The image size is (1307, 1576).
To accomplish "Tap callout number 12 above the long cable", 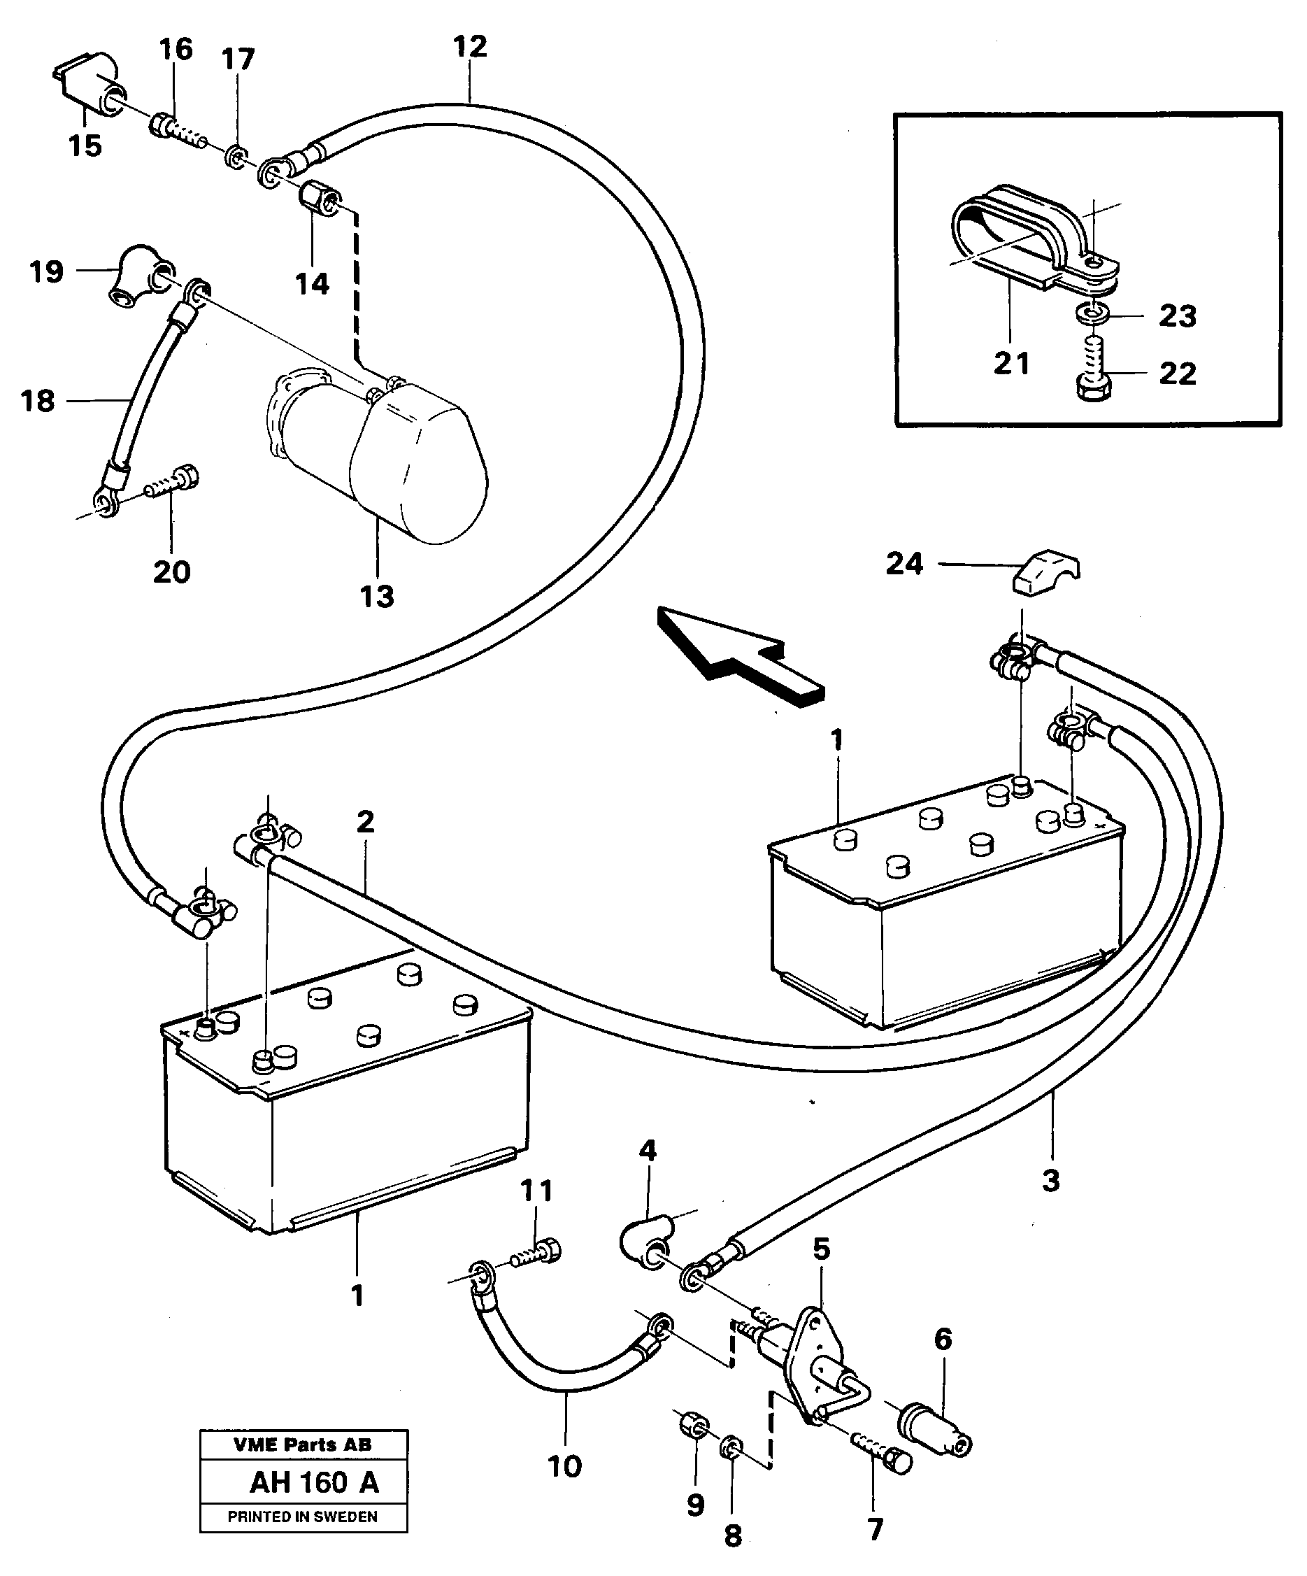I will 471,47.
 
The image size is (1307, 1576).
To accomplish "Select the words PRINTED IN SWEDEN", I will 302,1517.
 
